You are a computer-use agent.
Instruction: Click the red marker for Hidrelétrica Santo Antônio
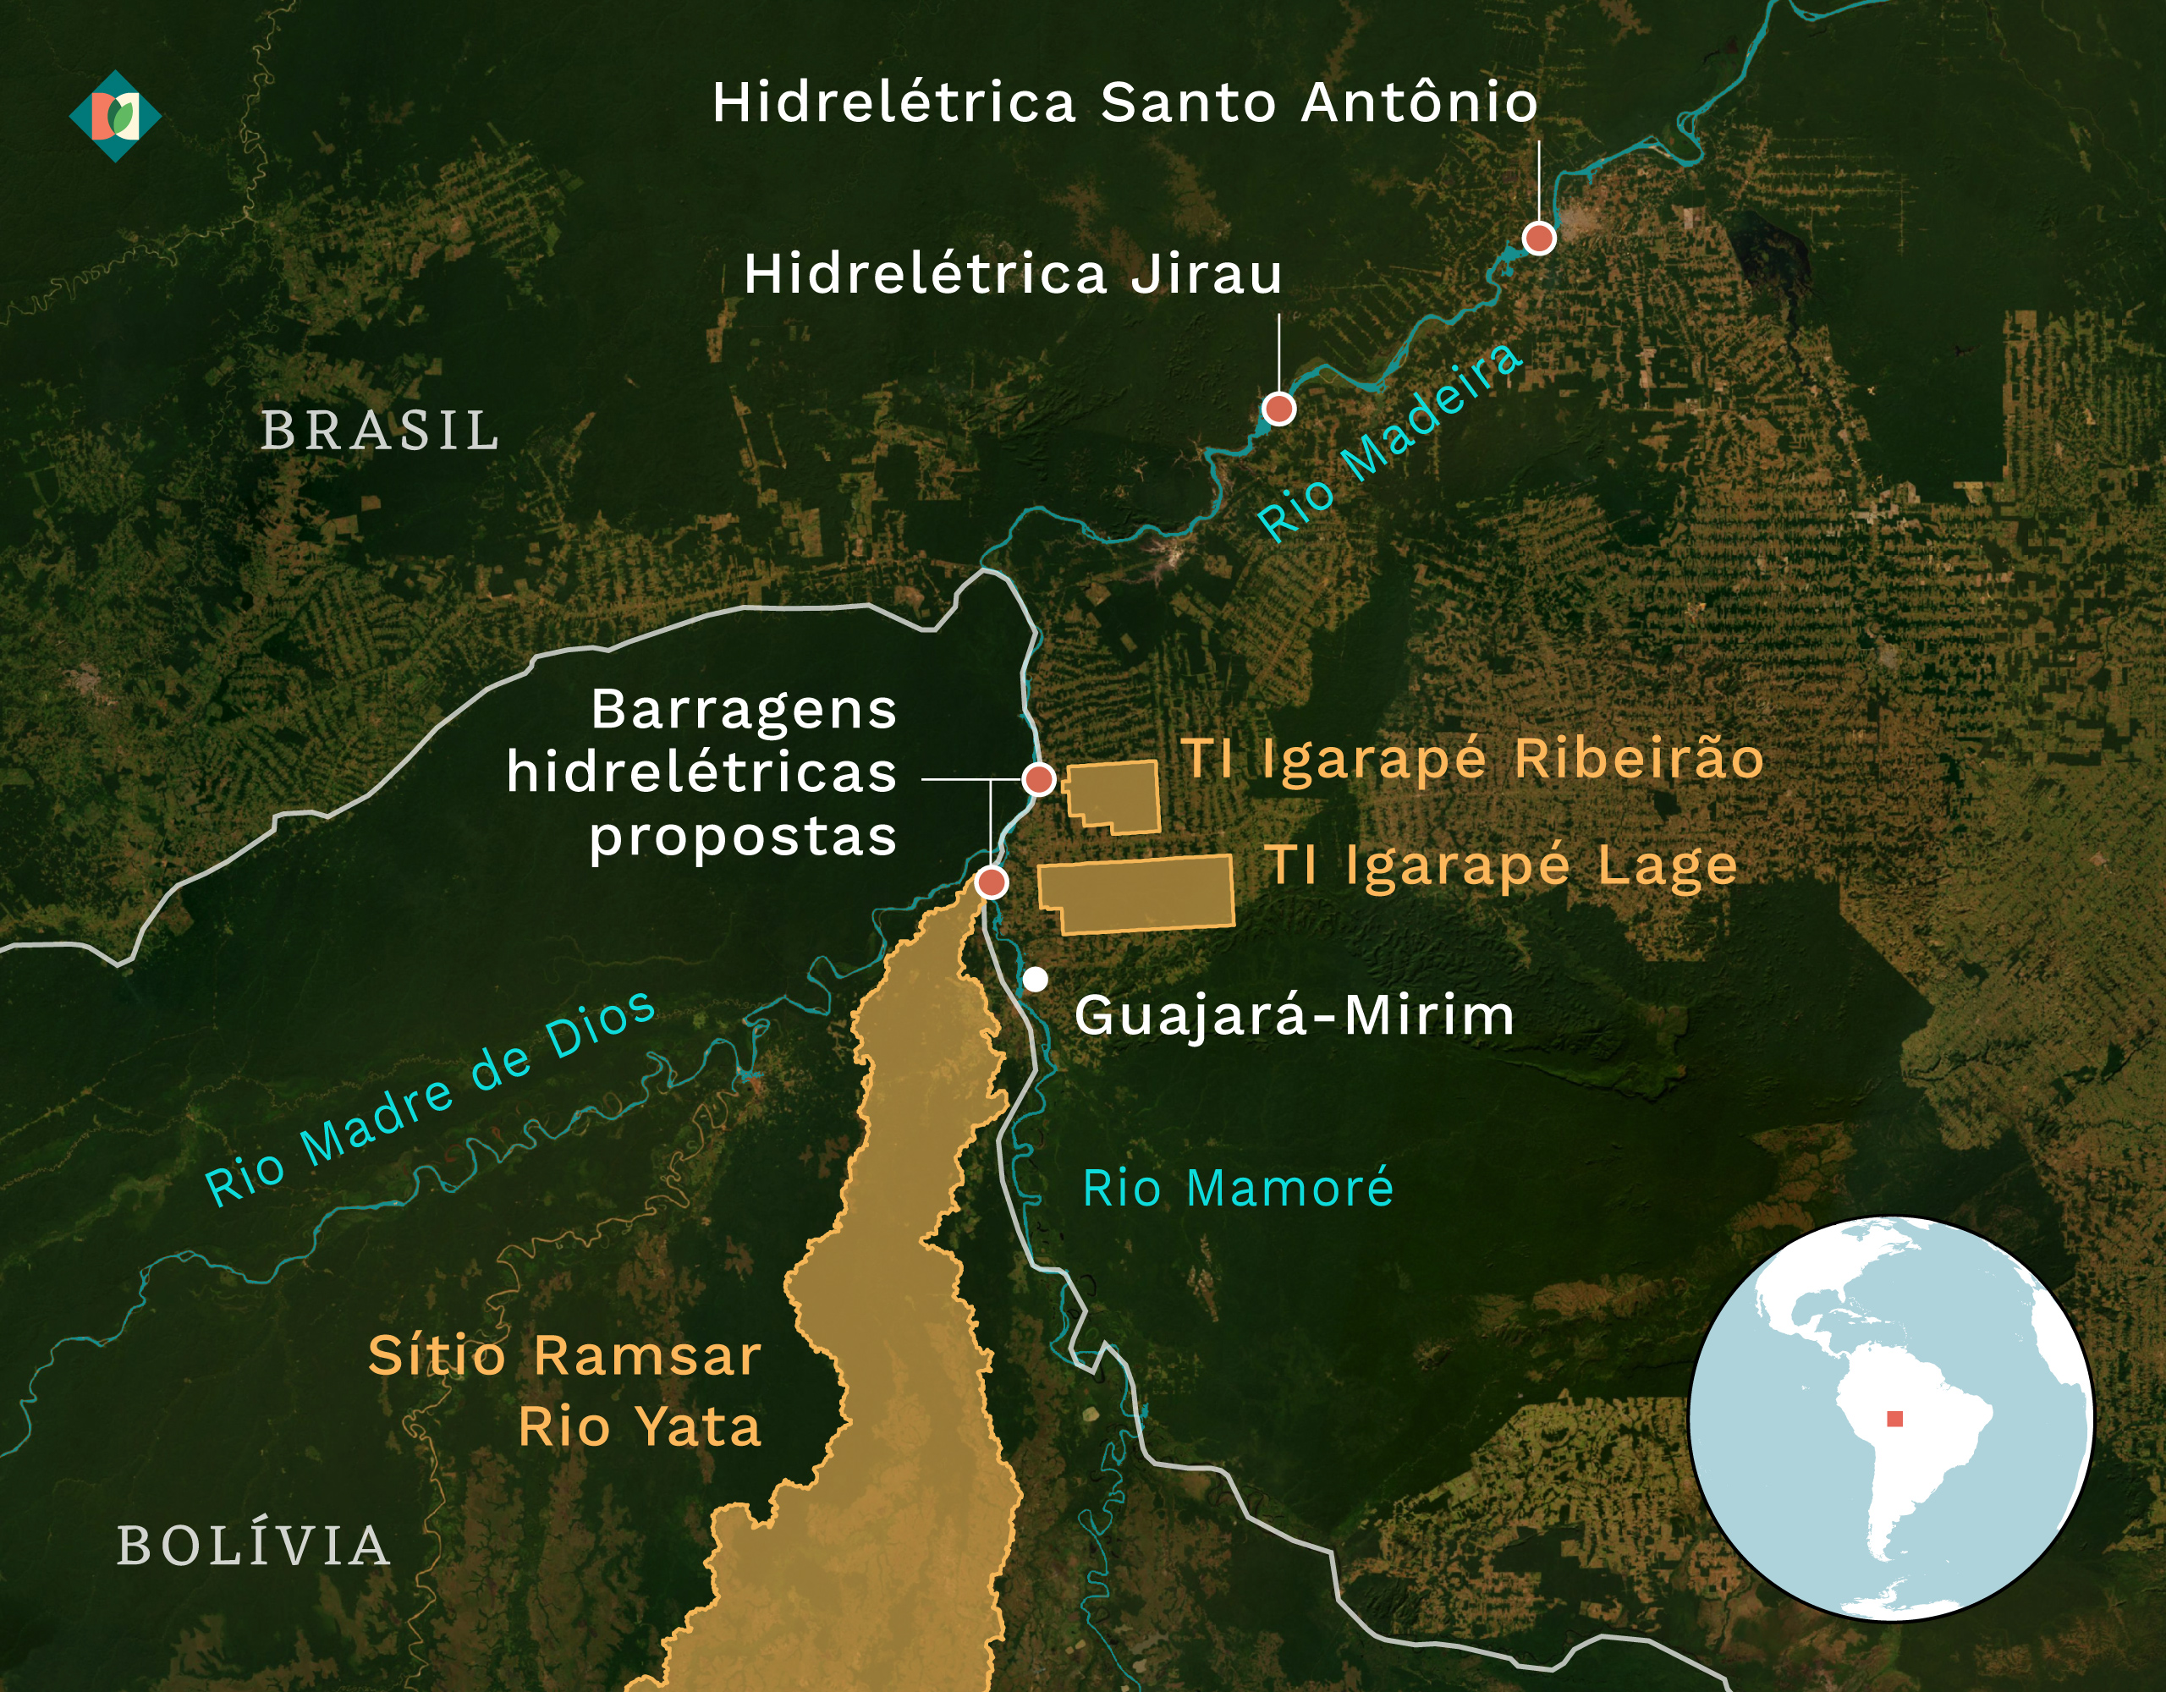[1538, 238]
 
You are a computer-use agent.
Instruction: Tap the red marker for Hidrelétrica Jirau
[1278, 409]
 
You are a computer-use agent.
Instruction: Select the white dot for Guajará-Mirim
[1036, 980]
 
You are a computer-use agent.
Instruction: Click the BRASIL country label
[380, 431]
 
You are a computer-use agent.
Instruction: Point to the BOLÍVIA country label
[254, 1546]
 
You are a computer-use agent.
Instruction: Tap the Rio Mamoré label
[1238, 1188]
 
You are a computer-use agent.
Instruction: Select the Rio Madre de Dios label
[430, 1099]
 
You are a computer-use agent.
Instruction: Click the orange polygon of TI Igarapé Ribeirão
[1116, 796]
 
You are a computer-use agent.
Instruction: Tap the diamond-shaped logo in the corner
[115, 116]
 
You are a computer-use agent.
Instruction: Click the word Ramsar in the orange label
[647, 1356]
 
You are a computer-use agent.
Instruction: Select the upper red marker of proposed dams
[1038, 779]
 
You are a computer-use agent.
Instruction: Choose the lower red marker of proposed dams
[991, 882]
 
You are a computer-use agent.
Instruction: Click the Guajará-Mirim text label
[1295, 1015]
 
